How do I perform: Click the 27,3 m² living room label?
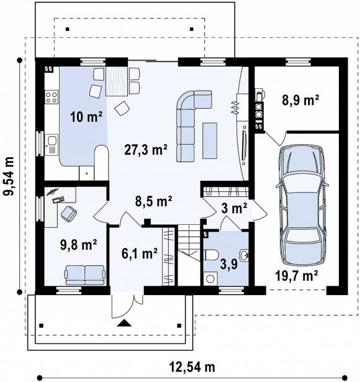tap(146, 149)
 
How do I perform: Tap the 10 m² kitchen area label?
tap(86, 116)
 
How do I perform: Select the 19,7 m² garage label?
tap(297, 276)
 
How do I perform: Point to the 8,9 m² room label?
tap(300, 100)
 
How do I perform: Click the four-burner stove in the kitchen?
tap(52, 97)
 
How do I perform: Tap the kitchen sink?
tap(52, 145)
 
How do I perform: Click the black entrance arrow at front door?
tap(124, 323)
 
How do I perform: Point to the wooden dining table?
tap(117, 81)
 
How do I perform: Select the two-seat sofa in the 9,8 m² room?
tap(85, 275)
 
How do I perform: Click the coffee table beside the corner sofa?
tap(210, 140)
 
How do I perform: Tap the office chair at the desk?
tap(69, 213)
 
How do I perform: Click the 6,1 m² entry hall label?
tap(140, 253)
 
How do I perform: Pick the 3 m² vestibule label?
tap(234, 209)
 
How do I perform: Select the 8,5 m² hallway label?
tap(154, 201)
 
